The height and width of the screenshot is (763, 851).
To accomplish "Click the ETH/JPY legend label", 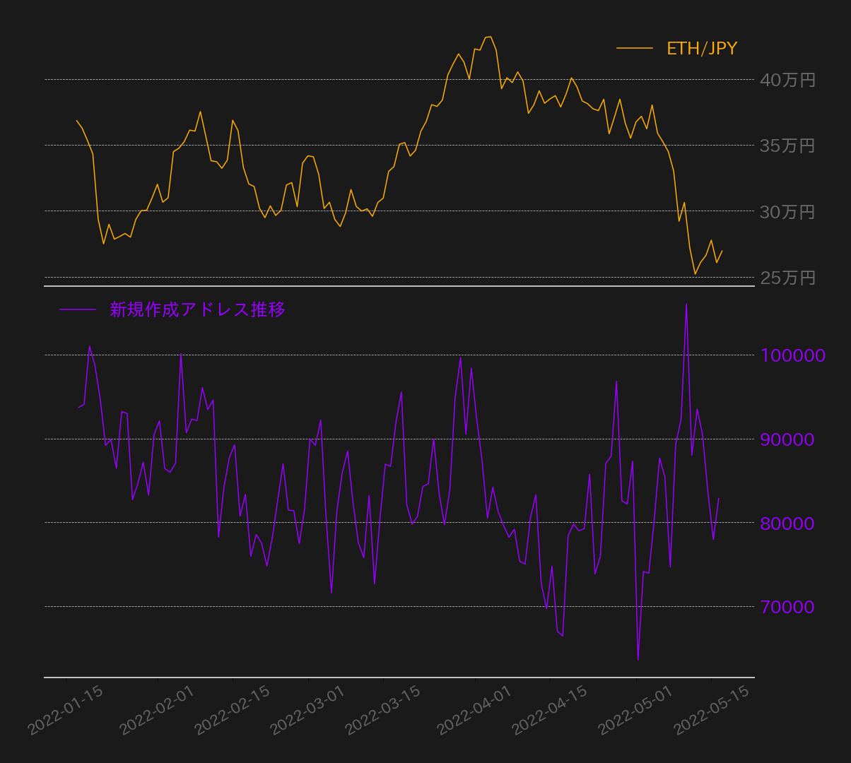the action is [702, 49].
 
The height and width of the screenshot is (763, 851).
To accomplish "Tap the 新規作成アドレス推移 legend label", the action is [197, 310].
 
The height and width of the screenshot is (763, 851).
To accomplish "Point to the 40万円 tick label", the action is [787, 81].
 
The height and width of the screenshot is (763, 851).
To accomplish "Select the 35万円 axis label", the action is [787, 146].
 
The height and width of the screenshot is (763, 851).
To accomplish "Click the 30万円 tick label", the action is [787, 213].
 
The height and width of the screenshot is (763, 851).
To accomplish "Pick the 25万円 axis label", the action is [787, 278].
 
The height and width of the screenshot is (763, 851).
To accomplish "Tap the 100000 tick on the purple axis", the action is [793, 355].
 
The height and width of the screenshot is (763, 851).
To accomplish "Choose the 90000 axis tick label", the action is [787, 439].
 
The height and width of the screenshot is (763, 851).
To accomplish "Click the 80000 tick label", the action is [787, 524].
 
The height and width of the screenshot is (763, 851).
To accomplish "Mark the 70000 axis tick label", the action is [787, 607].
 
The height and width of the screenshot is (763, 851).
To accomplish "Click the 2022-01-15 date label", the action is [66, 711].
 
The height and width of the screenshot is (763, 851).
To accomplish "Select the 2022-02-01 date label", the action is [157, 711].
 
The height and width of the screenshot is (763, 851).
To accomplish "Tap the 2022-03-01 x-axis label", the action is [307, 711].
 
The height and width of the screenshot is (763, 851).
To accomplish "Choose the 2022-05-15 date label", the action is [711, 711].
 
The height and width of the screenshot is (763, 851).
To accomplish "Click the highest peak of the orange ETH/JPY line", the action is [491, 37].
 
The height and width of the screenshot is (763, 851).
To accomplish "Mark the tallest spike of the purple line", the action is [686, 304].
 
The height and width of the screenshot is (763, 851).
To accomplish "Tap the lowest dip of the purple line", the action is [638, 660].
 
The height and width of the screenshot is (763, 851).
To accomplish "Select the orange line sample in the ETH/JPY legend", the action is [634, 48].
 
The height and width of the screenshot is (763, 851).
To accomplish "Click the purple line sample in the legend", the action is [78, 310].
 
